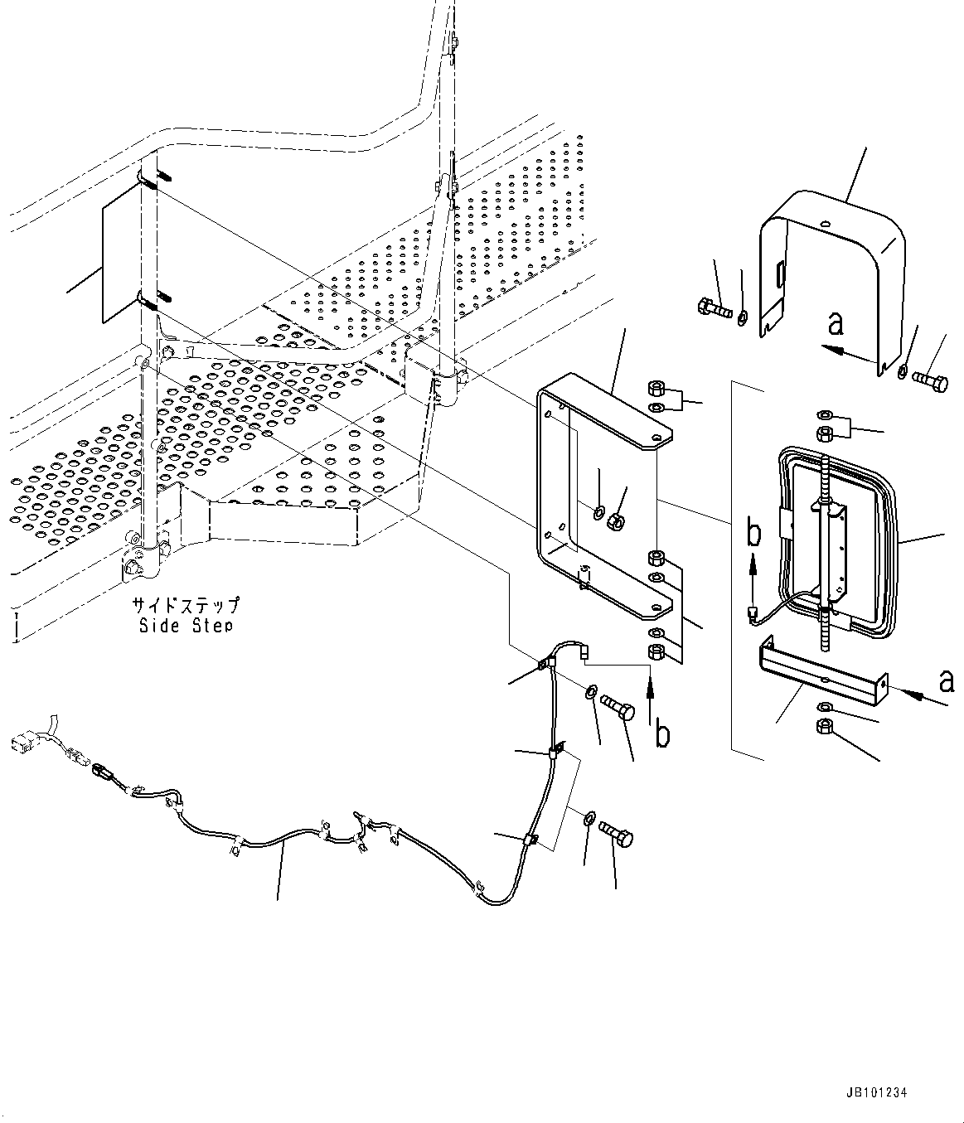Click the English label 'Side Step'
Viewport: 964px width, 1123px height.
186,625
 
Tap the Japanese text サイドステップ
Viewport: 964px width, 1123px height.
186,604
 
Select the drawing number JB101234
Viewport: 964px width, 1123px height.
877,1093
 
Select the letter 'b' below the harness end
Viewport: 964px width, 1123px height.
662,733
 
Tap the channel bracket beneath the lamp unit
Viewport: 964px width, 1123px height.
821,671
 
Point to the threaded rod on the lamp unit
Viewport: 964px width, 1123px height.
826,530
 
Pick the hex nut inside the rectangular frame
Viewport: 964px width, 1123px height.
616,520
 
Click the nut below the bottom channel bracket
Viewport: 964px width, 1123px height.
826,727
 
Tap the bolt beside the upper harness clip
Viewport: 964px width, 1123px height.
618,707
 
